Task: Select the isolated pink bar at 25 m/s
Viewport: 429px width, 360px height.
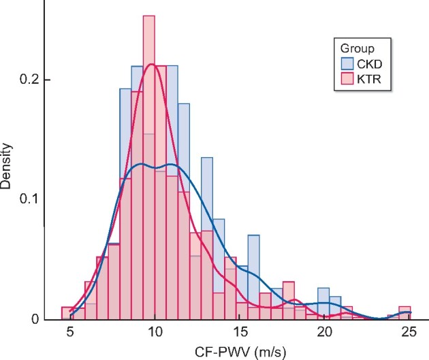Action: point(404,313)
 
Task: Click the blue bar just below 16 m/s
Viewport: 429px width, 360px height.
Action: point(253,272)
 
